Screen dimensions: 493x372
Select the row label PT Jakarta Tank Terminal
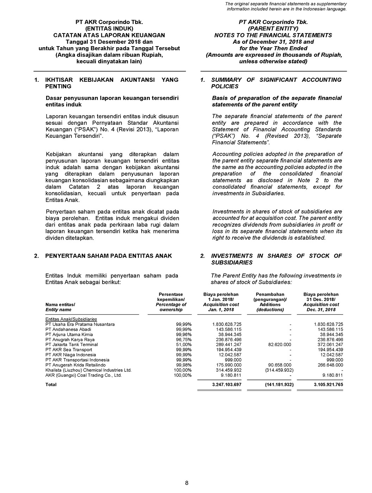[72, 345]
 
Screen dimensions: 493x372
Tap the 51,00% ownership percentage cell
[184, 345]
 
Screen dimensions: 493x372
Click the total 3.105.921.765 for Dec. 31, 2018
[328, 384]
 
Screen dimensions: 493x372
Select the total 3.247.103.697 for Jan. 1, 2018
[227, 384]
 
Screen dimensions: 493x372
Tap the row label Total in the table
[51, 384]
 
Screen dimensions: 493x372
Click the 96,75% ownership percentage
[184, 339]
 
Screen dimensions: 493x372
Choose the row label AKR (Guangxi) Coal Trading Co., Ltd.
[84, 375]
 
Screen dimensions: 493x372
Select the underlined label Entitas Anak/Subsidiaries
[72, 319]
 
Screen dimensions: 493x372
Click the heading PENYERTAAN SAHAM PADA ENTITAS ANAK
[108, 256]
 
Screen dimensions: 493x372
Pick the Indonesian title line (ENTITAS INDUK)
[109, 29]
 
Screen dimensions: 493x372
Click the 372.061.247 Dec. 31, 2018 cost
[328, 345]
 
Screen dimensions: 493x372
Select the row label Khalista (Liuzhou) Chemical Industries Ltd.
[88, 370]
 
